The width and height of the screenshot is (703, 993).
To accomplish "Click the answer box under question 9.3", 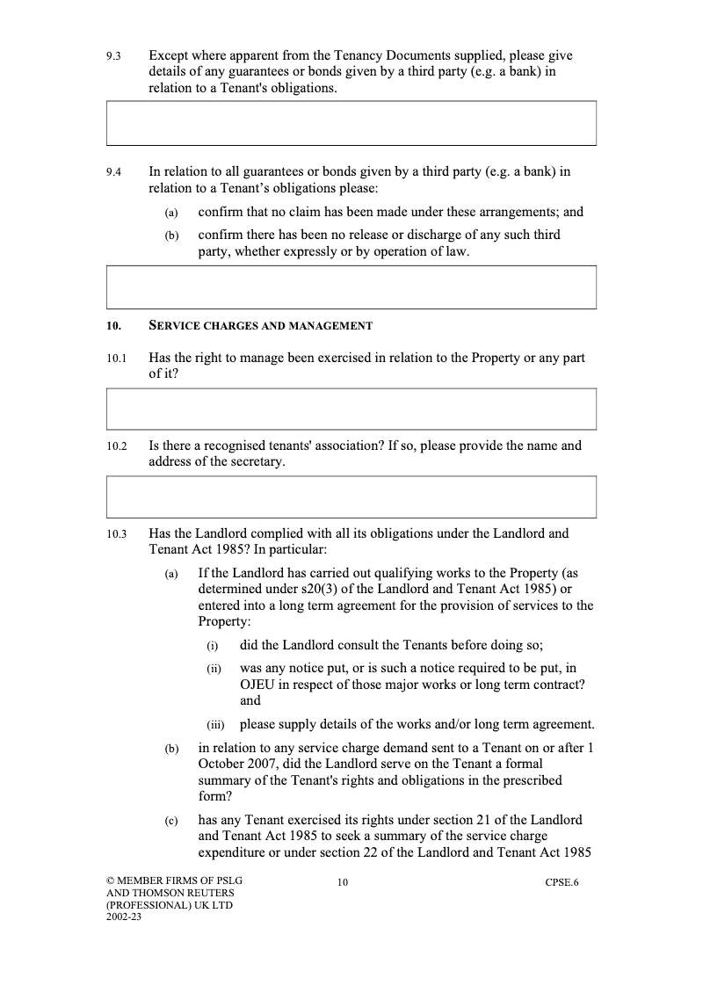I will pos(351,123).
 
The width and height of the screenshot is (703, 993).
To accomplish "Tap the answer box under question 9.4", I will pos(351,287).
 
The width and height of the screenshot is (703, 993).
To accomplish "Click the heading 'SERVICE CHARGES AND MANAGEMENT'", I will pos(261,326).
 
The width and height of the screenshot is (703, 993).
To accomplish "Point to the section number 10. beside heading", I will pos(112,326).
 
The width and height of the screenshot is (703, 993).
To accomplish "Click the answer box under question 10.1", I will pos(351,409).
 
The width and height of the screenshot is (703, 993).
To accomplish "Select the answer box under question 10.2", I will pos(351,496).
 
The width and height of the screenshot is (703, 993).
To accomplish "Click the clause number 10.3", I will pos(116,534).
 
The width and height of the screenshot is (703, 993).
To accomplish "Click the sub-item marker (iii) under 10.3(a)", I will pos(216,726).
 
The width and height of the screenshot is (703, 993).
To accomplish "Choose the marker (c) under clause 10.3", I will pos(170,822).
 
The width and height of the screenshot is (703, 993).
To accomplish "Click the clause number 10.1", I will pos(116,359).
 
